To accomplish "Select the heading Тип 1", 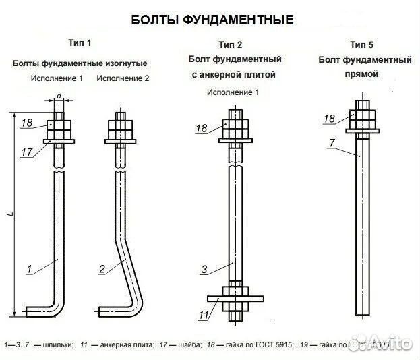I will click(x=80, y=43).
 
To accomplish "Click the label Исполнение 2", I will click(x=123, y=78).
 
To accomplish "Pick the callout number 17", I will click(x=26, y=152).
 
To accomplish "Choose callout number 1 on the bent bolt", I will click(x=29, y=270).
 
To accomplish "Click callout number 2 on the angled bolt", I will click(x=102, y=270).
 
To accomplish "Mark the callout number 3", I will click(x=204, y=270).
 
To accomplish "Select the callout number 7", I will click(x=331, y=142).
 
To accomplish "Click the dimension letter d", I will click(x=59, y=96).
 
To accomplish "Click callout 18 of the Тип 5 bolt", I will click(x=329, y=119).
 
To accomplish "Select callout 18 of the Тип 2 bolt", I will click(x=201, y=128).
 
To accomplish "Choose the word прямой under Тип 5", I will click(x=365, y=74).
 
